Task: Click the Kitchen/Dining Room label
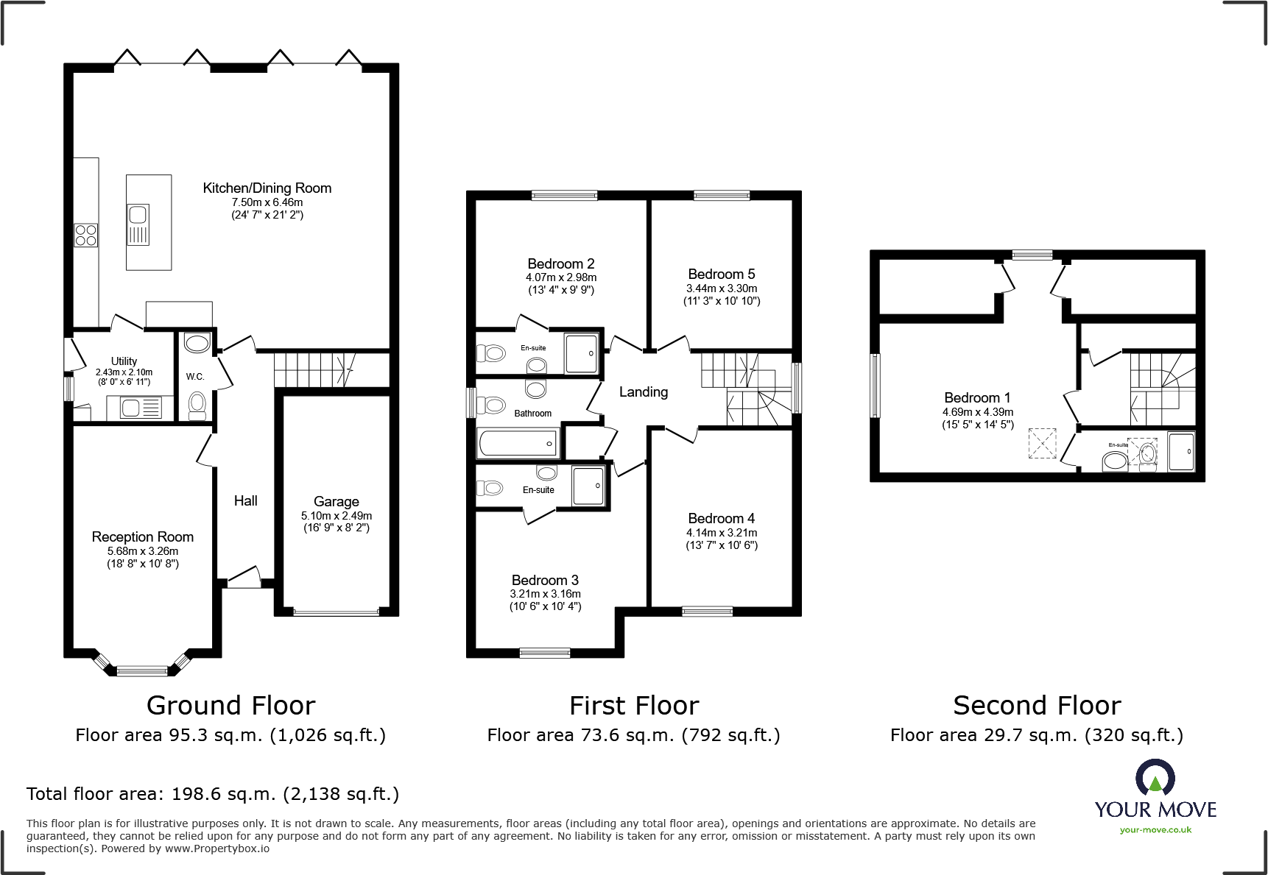pyautogui.click(x=267, y=188)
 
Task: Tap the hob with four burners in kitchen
pyautogui.click(x=86, y=235)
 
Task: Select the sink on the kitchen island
pyautogui.click(x=138, y=215)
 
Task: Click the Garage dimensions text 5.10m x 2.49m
pyautogui.click(x=336, y=516)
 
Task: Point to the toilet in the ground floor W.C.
pyautogui.click(x=197, y=404)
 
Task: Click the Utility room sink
pyautogui.click(x=131, y=407)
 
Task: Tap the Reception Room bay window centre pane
pyautogui.click(x=142, y=670)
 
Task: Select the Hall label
pyautogui.click(x=245, y=501)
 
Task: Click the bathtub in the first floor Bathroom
pyautogui.click(x=518, y=444)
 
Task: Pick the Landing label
pyautogui.click(x=643, y=392)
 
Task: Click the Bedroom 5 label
pyautogui.click(x=721, y=274)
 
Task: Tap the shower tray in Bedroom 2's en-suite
pyautogui.click(x=581, y=353)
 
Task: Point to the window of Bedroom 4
pyautogui.click(x=707, y=611)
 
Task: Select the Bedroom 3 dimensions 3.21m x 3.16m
pyautogui.click(x=545, y=594)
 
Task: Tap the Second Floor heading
pyautogui.click(x=1036, y=706)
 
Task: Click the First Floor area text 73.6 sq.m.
pyautogui.click(x=633, y=735)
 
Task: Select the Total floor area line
pyautogui.click(x=212, y=794)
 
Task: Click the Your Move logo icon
pyautogui.click(x=1155, y=778)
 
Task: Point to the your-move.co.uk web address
pyautogui.click(x=1155, y=830)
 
